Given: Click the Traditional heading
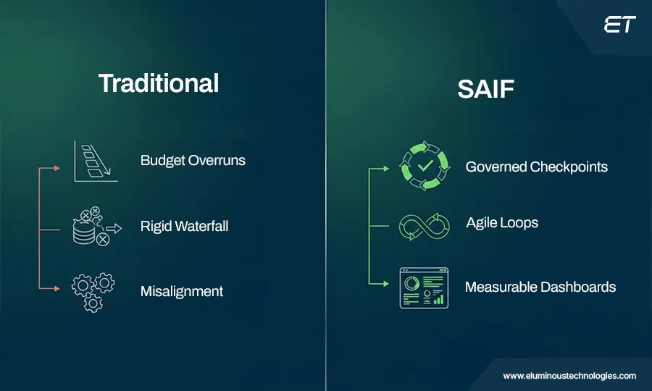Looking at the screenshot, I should coord(158,83).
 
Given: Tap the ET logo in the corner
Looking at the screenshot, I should coord(619,25).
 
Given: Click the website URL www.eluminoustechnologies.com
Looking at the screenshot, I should coord(569,376).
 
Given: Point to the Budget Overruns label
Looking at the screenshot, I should coord(193,160).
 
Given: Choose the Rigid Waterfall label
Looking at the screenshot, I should coord(184,226).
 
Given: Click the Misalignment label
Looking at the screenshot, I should coord(181,291).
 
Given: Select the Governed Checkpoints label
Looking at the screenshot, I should coord(536,167).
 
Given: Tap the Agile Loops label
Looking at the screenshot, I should coord(502,222).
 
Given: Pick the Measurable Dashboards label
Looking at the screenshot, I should coord(540,287).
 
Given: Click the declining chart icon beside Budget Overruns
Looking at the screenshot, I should coord(94,161).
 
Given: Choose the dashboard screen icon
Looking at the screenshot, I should coord(423,287).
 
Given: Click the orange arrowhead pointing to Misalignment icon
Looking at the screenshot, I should coord(59,288).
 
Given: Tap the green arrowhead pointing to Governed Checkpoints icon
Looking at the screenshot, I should coord(388,169).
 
